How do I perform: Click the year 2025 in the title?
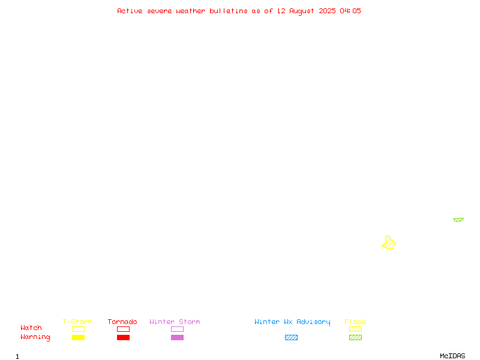click(327, 11)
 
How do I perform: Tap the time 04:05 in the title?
click(350, 11)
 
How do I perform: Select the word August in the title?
click(302, 11)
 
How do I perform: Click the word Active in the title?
click(130, 11)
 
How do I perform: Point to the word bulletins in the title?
click(229, 11)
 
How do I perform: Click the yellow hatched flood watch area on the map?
click(389, 243)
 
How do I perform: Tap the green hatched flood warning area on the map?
click(458, 220)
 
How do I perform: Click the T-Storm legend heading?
click(77, 322)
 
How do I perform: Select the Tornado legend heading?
click(122, 322)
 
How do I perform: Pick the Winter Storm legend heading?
click(175, 322)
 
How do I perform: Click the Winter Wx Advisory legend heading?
click(292, 322)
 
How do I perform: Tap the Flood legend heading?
click(355, 322)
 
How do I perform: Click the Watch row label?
click(31, 328)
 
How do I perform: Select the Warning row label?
click(35, 337)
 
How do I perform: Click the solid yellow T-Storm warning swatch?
click(79, 337)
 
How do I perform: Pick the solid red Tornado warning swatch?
click(124, 337)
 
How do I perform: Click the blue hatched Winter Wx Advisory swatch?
click(291, 337)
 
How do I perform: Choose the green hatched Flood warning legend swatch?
click(355, 337)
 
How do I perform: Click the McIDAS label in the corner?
click(452, 356)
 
